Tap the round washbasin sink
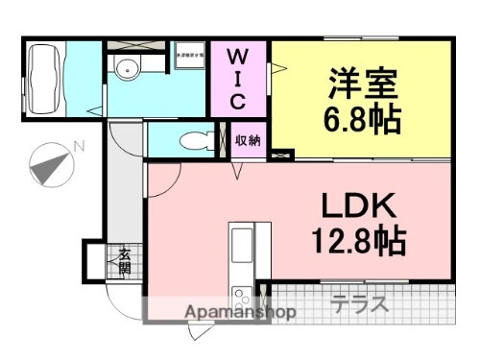pos(125,65)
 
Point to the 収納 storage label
pos(249,141)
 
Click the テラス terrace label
pos(360,305)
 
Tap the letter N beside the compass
pos(81,146)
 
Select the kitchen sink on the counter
pos(241,241)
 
